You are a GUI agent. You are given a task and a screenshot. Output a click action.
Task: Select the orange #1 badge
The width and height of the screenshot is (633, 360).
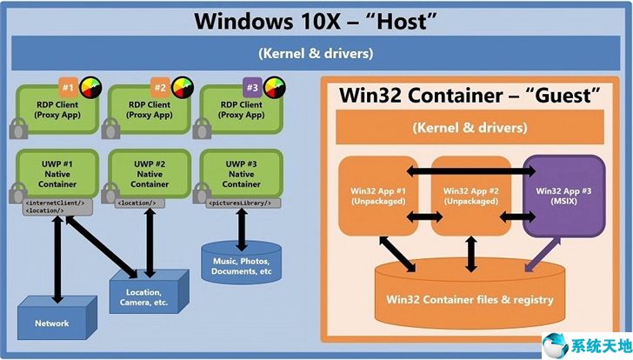pyautogui.click(x=67, y=88)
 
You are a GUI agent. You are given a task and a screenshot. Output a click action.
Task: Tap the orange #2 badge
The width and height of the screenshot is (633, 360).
pyautogui.click(x=159, y=88)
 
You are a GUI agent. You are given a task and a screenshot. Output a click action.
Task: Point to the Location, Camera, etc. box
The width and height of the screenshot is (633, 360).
pyautogui.click(x=145, y=297)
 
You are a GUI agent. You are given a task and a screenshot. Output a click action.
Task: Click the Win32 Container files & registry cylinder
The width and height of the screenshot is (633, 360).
pyautogui.click(x=470, y=300)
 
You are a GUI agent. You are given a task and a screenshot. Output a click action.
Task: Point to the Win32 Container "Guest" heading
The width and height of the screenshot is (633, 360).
pyautogui.click(x=470, y=95)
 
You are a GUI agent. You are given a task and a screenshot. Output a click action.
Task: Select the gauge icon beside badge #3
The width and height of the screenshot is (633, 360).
pyautogui.click(x=275, y=87)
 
